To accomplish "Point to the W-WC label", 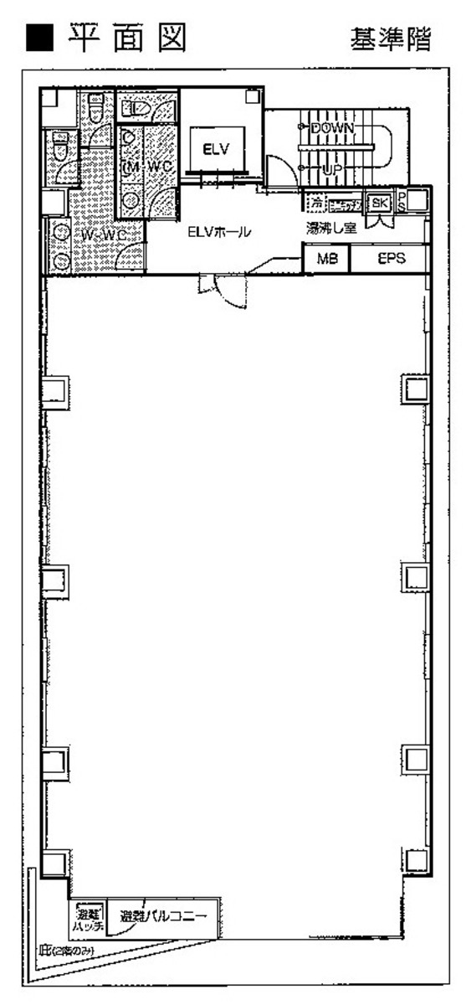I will pyautogui.click(x=104, y=235).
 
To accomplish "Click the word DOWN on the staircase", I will pyautogui.click(x=333, y=128).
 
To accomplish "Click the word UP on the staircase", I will pyautogui.click(x=333, y=170).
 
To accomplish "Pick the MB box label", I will pyautogui.click(x=326, y=260).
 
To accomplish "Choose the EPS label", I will pyautogui.click(x=391, y=260).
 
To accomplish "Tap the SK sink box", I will pyautogui.click(x=379, y=203).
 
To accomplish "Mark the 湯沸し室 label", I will pyautogui.click(x=330, y=228).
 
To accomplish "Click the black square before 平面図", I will pyautogui.click(x=38, y=38).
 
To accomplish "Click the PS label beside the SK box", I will pyautogui.click(x=402, y=202).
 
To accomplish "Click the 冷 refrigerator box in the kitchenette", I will pyautogui.click(x=315, y=203).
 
